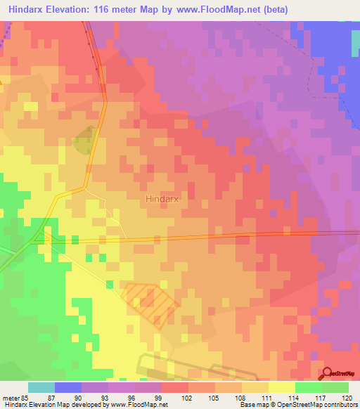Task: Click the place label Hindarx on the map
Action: point(163,199)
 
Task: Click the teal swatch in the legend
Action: point(41,387)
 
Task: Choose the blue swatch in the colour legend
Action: point(68,387)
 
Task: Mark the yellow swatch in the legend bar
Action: point(282,387)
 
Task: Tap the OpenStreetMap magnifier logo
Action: point(327,374)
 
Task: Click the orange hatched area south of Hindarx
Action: point(150,301)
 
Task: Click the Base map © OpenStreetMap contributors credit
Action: point(298,405)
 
